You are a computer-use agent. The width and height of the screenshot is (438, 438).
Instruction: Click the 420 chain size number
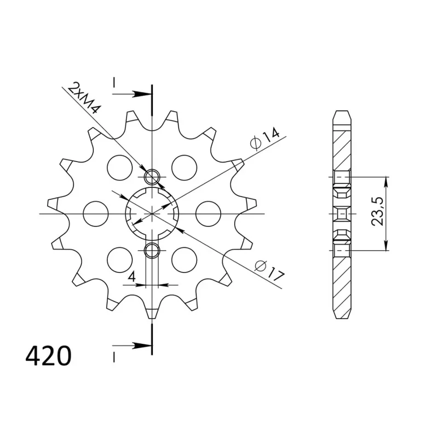click(48, 356)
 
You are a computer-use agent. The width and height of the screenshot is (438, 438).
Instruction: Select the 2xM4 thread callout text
click(84, 98)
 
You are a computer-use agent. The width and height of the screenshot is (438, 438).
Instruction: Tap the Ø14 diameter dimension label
click(264, 139)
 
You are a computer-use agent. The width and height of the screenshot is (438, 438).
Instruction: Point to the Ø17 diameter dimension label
click(269, 270)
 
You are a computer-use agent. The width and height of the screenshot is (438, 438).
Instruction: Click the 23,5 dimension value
click(377, 211)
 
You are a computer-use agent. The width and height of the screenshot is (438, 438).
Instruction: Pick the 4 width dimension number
click(131, 277)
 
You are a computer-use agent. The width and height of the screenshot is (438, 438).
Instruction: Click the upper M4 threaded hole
click(152, 177)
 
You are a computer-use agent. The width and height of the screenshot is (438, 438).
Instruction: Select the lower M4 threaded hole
click(152, 250)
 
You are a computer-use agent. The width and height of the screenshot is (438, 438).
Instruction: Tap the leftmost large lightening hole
click(96, 214)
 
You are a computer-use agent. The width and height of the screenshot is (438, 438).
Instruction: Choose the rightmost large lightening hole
click(209, 214)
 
